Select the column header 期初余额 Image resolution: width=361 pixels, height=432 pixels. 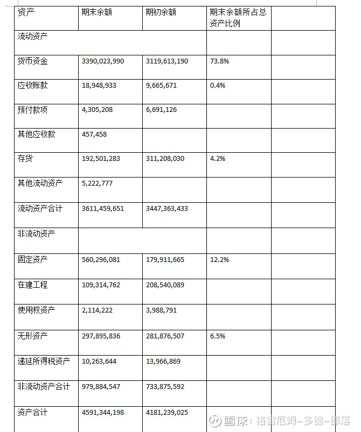pos(161,12)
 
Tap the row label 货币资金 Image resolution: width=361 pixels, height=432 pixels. pos(33,61)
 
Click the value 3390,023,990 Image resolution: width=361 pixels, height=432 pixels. pos(103,61)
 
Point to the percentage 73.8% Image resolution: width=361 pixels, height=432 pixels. pos(219,61)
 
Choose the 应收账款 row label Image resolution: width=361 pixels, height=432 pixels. pos(33,86)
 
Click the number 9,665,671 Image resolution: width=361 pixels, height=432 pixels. pos(162,86)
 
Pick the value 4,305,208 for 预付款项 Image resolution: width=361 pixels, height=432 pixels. pos(98,110)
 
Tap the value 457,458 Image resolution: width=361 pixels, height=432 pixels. pos(94,134)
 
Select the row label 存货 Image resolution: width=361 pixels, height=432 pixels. pos(25,159)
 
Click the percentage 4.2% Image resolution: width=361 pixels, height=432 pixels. pos(218,159)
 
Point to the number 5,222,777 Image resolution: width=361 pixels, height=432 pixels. pos(98,183)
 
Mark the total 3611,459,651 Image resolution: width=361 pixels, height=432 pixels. pos(103,208)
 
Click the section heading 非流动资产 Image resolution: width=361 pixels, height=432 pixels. pos(36,234)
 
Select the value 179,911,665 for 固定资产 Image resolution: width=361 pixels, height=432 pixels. pos(165,260)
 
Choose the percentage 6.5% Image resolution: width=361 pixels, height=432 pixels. pos(218,336)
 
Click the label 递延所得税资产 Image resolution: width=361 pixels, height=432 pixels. pos(44,361)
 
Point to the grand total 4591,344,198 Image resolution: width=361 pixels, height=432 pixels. pos(103,413)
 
